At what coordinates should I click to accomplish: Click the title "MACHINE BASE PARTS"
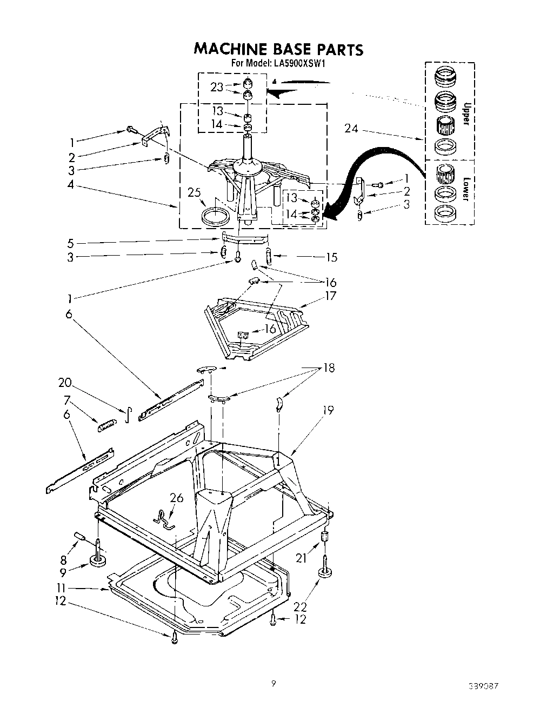(x=278, y=49)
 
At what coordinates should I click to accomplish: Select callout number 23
(x=217, y=87)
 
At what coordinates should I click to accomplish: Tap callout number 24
(x=351, y=128)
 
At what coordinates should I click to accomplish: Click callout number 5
(x=70, y=243)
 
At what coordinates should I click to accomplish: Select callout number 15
(x=331, y=257)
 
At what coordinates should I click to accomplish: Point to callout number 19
(x=328, y=410)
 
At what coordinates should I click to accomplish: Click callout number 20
(x=65, y=383)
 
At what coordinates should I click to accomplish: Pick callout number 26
(x=176, y=498)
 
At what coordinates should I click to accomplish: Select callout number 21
(x=302, y=558)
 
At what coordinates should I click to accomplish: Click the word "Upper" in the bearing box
(x=464, y=112)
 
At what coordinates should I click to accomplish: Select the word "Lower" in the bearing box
(x=464, y=189)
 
